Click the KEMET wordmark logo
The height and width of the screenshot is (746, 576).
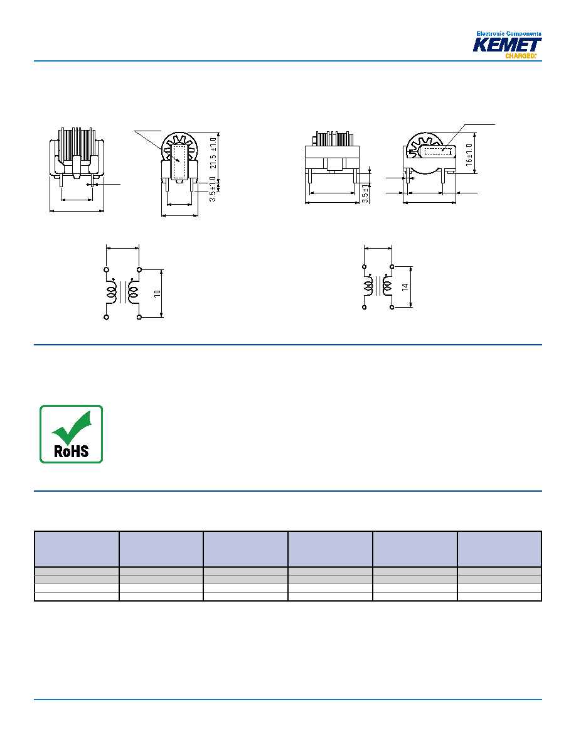pos(506,45)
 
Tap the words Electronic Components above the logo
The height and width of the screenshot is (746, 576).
pos(508,34)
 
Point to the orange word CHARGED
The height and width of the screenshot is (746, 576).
pos(520,56)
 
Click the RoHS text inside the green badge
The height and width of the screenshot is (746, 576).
pos(72,451)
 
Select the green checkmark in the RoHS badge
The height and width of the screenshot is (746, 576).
pos(72,427)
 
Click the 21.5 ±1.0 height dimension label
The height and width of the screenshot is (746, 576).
pos(213,153)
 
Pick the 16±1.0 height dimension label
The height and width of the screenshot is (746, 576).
pos(469,154)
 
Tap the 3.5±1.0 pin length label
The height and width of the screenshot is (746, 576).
pos(213,189)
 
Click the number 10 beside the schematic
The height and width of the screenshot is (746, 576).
pos(157,293)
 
